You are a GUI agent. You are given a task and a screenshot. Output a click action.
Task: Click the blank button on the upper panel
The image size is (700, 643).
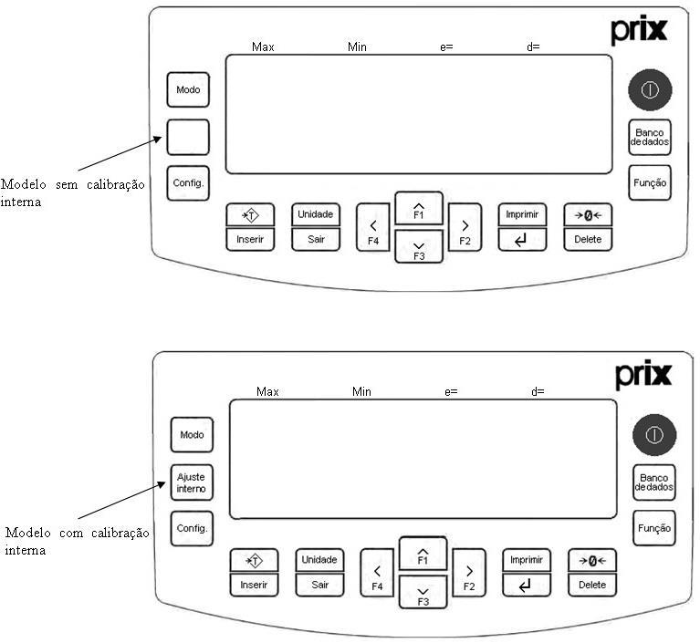pos(188,137)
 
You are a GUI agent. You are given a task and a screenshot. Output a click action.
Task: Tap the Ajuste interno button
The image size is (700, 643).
pos(192,482)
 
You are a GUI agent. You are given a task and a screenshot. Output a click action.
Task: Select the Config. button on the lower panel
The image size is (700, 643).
pos(192,528)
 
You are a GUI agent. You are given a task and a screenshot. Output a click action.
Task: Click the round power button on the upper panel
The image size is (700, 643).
pos(650,89)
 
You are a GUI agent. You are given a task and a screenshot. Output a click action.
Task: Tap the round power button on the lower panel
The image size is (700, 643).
pos(654,435)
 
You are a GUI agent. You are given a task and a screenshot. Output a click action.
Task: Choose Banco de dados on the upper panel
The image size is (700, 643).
pos(650,137)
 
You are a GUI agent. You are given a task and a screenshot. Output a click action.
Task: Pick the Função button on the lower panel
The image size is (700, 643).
pos(654,528)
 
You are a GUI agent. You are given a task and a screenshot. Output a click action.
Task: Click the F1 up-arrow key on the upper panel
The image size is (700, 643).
pos(419,208)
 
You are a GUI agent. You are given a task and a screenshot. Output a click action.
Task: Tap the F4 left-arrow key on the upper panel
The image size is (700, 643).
pos(373,228)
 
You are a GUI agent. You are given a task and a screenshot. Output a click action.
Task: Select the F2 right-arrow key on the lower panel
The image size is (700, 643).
pos(469,573)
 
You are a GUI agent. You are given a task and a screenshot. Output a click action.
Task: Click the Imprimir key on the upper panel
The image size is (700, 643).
pos(522,214)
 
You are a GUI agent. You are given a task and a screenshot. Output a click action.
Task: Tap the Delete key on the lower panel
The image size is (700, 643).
pos(592,585)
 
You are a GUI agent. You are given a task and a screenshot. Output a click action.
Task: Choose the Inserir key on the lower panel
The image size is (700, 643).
pos(254,585)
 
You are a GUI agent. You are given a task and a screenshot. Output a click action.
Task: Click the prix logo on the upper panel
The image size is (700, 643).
pos(639,30)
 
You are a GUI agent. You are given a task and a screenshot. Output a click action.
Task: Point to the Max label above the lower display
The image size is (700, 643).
pos(267,392)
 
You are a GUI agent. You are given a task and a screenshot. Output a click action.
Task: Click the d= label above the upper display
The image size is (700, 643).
pos(533,47)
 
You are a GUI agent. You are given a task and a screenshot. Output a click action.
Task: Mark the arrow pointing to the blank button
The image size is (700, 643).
pos(120,153)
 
